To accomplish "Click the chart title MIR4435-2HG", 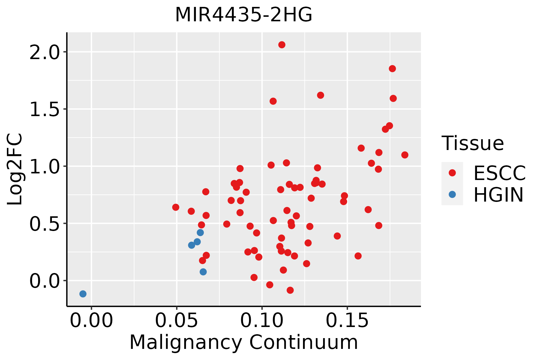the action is click(244, 15).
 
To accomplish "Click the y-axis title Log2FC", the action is click(15, 169).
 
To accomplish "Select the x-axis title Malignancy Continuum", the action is click(244, 343).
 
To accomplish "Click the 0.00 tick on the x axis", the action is click(91, 321).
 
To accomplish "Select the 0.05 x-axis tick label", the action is click(177, 321).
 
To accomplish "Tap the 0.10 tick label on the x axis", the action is click(262, 321).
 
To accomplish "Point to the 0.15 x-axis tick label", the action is click(347, 321).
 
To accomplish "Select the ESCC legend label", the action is click(499, 173).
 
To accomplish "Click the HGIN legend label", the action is click(498, 195).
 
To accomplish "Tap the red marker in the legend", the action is click(452, 173).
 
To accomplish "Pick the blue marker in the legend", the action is click(452, 194).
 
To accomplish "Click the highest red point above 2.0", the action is click(282, 45).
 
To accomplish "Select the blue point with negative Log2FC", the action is click(83, 294).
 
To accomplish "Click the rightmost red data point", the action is click(405, 155).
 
